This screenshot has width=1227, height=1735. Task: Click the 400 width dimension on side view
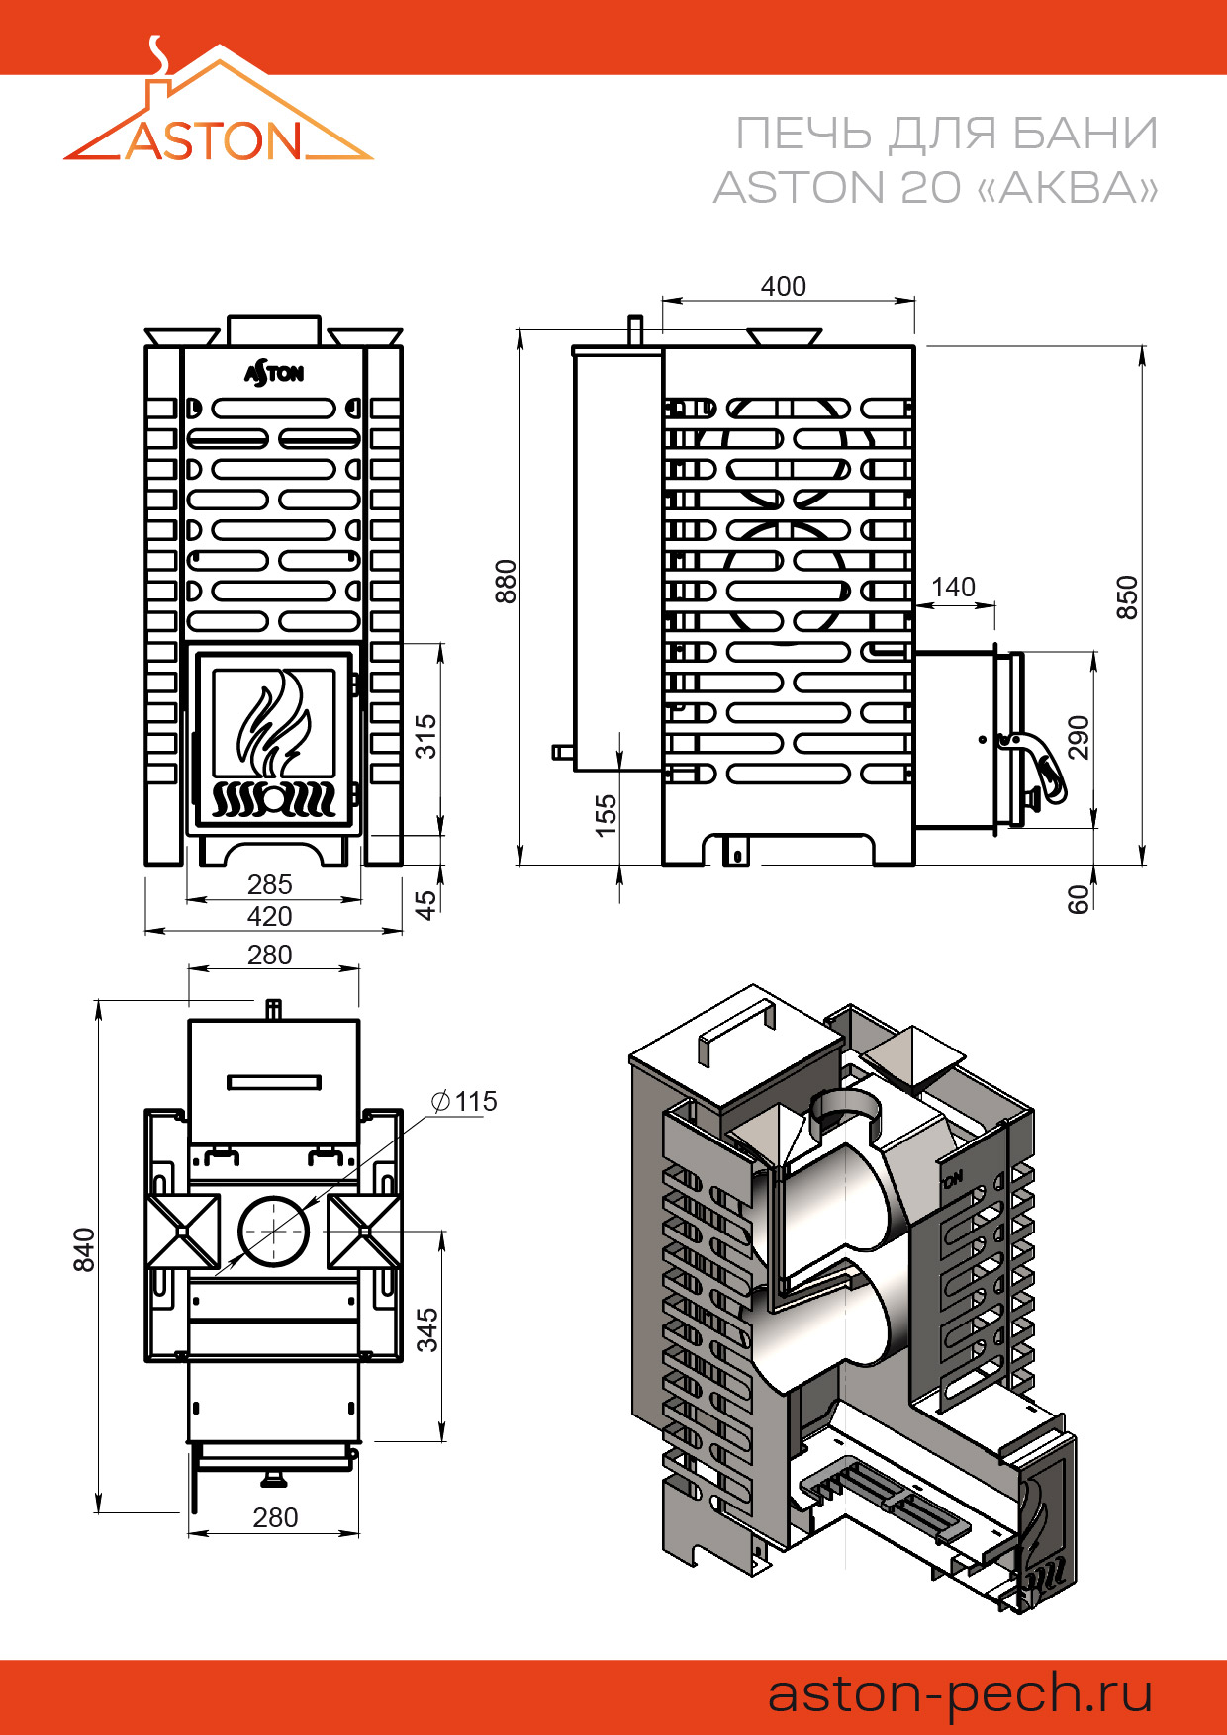(x=783, y=286)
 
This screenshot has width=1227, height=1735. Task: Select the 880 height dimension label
(x=506, y=581)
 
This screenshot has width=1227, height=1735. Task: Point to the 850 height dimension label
(x=1127, y=596)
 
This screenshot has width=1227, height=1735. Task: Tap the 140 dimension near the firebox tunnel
(x=953, y=587)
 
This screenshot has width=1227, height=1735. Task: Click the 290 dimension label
(x=1078, y=737)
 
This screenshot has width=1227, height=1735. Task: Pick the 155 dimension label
(x=606, y=815)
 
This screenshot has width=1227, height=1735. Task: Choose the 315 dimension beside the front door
(x=425, y=736)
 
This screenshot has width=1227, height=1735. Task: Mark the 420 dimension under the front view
(x=269, y=916)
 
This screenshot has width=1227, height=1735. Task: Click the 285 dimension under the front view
(x=269, y=884)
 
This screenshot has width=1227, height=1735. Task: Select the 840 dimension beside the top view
(x=84, y=1249)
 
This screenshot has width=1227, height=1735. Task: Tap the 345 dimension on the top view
(x=426, y=1329)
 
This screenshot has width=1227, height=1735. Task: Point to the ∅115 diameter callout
(x=465, y=1101)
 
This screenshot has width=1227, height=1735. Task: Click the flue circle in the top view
(x=273, y=1232)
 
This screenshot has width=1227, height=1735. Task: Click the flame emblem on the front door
(x=272, y=721)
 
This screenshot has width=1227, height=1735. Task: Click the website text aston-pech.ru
(x=960, y=1693)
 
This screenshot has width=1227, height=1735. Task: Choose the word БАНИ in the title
(x=1085, y=134)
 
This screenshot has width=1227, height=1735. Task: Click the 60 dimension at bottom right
(x=1078, y=898)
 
